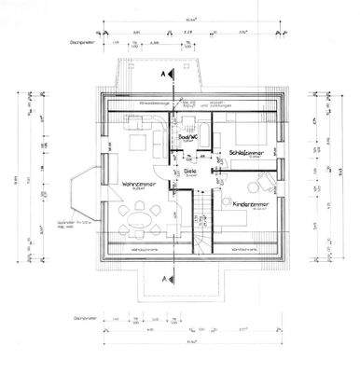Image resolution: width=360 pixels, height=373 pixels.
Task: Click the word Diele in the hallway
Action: click(189, 171)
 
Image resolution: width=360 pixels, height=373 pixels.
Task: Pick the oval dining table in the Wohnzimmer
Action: click(141, 220)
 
